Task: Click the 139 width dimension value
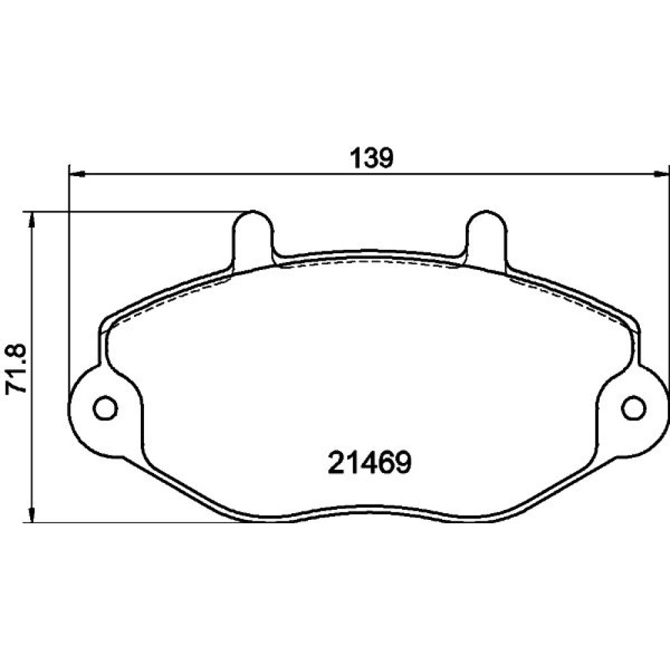[x=371, y=158]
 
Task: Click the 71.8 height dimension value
[x=16, y=368]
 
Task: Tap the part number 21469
[x=369, y=463]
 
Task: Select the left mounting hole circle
[x=105, y=407]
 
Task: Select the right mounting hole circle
[x=634, y=407]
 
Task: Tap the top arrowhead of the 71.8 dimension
[x=31, y=221]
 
